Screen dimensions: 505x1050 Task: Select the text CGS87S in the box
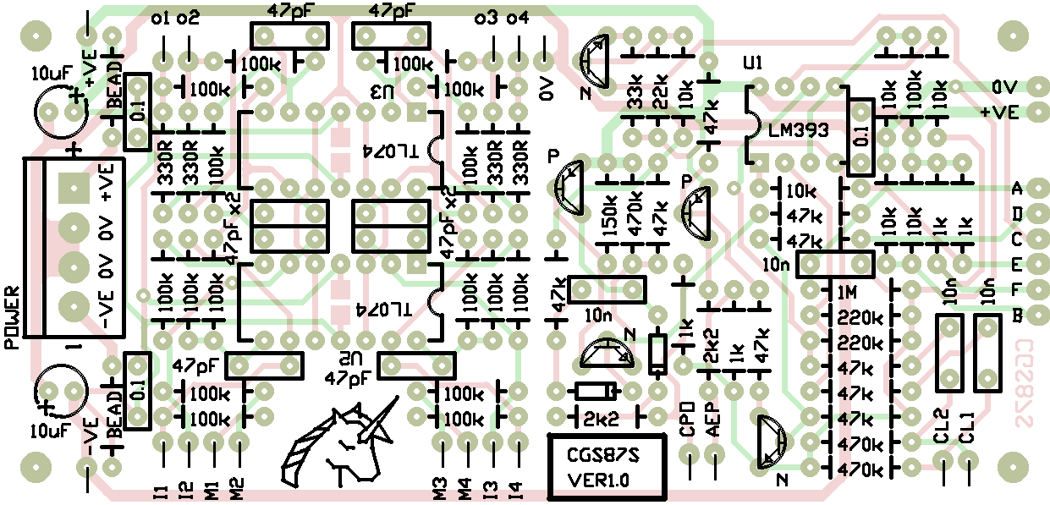tap(604, 458)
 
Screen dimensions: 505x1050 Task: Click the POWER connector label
tap(14, 318)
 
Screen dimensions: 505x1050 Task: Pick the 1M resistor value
tap(848, 293)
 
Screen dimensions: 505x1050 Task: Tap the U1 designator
tap(751, 63)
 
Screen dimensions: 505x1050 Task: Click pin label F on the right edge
tap(1018, 289)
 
